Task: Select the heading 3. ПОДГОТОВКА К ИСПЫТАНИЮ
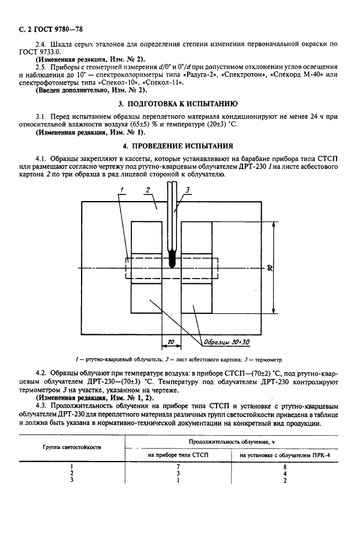coord(179,103)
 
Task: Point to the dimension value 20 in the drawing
coord(171,342)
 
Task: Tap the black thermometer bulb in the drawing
coord(172,262)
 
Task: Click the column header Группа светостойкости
coord(71,448)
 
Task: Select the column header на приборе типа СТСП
coord(178,456)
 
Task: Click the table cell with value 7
coord(178,466)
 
